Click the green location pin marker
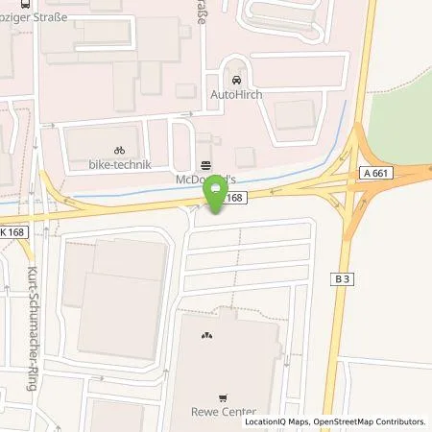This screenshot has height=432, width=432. coord(217,197)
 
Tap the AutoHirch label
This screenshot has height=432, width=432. coord(236,95)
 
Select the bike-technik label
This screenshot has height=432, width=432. coord(119,165)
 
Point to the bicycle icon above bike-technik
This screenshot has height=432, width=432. coord(119,151)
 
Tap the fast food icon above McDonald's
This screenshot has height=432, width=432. coord(205,164)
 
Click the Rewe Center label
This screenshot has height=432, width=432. coord(225,414)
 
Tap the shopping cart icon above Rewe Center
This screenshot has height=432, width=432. coord(225,398)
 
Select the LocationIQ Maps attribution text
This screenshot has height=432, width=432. coord(277,421)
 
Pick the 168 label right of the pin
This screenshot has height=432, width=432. coord(237,197)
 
